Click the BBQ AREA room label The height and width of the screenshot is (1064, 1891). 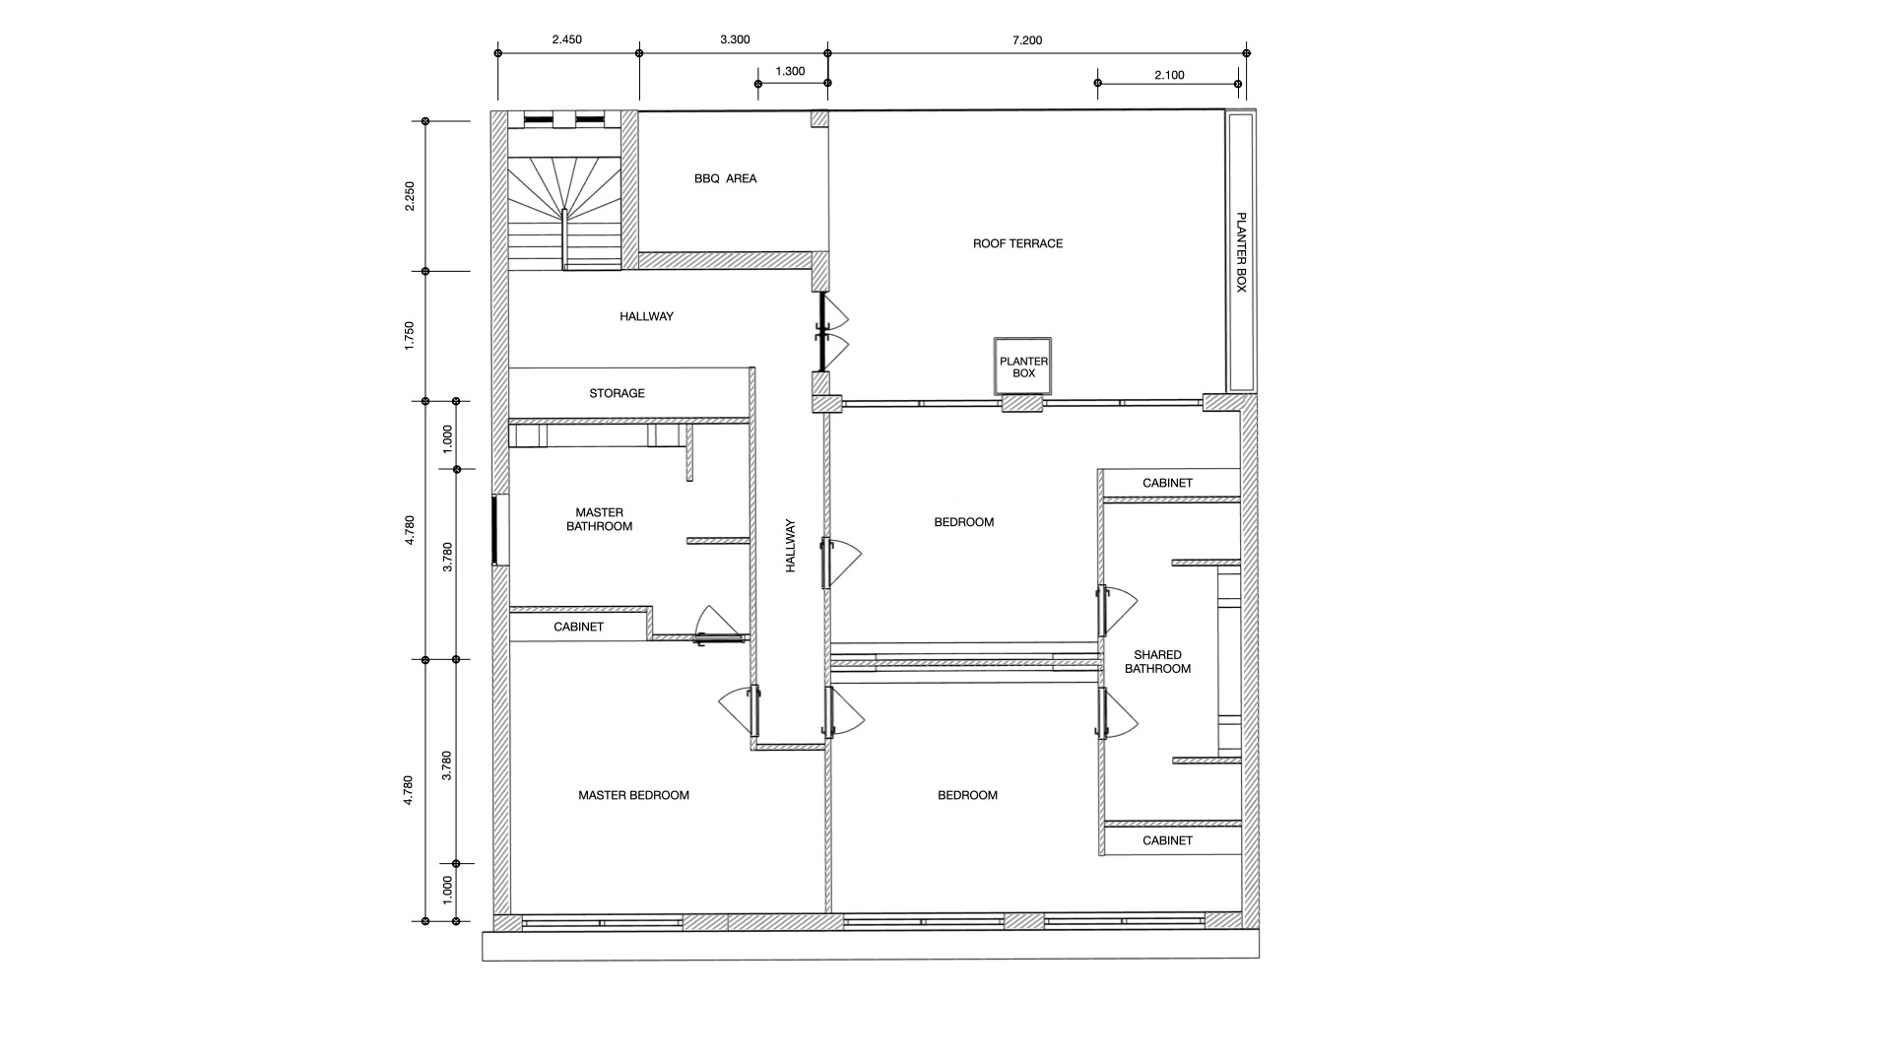(x=725, y=178)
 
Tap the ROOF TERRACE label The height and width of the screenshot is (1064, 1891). (x=1017, y=243)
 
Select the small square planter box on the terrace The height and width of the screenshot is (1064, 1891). (x=1023, y=366)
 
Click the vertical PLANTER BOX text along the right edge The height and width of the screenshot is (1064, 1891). (x=1241, y=252)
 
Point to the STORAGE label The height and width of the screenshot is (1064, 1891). (x=617, y=393)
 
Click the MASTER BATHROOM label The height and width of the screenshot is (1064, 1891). (x=599, y=519)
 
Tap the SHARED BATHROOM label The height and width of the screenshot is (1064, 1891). (x=1157, y=662)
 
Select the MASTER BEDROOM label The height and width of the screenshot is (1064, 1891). (x=633, y=795)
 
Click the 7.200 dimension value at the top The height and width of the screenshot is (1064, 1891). (x=1026, y=40)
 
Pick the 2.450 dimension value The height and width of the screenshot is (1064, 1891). (x=566, y=39)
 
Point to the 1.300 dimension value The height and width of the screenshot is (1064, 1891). (x=790, y=71)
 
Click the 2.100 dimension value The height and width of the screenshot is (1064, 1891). (x=1169, y=75)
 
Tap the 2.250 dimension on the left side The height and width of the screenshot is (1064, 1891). (x=410, y=195)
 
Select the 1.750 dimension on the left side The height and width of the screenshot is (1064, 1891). (x=410, y=335)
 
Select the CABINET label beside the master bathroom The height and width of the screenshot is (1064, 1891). (x=578, y=627)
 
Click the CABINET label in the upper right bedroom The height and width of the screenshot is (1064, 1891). (x=1167, y=483)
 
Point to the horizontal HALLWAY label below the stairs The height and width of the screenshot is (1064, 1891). (x=646, y=316)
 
